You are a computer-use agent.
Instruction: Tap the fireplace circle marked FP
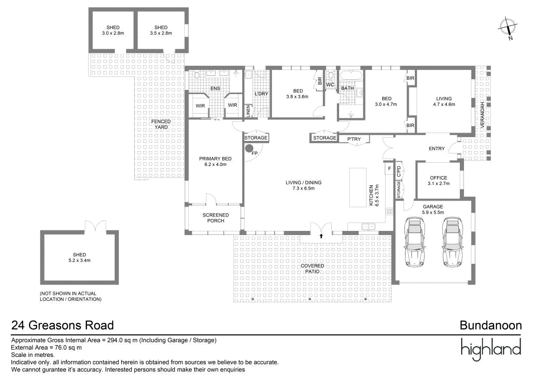(x=249, y=149)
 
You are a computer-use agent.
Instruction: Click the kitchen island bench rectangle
(x=358, y=187)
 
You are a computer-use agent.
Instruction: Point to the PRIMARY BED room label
(x=215, y=161)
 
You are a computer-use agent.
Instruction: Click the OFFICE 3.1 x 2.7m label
(x=438, y=181)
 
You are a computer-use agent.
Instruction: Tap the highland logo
(x=491, y=350)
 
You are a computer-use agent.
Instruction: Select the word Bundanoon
(x=491, y=325)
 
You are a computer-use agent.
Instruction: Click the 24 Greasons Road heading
(x=63, y=325)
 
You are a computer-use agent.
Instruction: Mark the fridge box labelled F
(x=389, y=169)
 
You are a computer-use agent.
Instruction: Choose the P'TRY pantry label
(x=354, y=139)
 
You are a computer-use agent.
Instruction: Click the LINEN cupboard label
(x=248, y=111)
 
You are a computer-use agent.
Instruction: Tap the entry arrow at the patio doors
(x=321, y=236)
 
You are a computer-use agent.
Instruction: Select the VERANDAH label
(x=482, y=115)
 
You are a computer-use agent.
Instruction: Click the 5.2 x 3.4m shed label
(x=79, y=260)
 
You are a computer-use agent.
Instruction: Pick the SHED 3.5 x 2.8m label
(x=161, y=30)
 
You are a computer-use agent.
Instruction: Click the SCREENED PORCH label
(x=216, y=218)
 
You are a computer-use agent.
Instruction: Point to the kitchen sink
(x=369, y=226)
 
